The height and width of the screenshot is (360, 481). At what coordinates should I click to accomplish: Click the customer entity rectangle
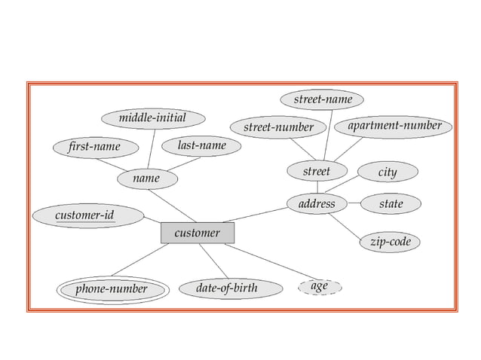coord(198,233)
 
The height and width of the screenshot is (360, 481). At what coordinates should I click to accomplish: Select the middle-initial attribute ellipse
coord(152,118)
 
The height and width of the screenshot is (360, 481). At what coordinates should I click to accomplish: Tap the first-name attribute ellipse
coord(93,146)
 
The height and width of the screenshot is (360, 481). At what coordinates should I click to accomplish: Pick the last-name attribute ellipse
coord(201,145)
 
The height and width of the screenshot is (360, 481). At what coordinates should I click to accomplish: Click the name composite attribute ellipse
coord(146,178)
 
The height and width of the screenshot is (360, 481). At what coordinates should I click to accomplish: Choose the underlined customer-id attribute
coord(87,216)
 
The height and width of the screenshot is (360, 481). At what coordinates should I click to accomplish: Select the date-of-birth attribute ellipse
coord(226,288)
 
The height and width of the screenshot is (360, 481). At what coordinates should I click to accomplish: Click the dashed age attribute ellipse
coord(319,287)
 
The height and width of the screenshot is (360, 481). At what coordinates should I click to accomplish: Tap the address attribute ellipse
coord(317,203)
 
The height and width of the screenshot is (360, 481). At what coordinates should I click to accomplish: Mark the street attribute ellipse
coord(317,172)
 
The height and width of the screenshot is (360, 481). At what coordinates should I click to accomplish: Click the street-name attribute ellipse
coord(322,99)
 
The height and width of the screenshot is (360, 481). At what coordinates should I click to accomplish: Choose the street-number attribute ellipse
coord(278,127)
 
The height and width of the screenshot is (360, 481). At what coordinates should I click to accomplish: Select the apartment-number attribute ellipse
coord(394,125)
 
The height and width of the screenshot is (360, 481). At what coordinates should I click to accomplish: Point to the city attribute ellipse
coord(387,172)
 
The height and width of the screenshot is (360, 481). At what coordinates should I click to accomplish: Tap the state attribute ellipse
coord(391,203)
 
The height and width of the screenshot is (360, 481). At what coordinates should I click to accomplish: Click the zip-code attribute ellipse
coord(390,242)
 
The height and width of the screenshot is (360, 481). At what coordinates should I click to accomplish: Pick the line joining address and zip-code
coord(346,227)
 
